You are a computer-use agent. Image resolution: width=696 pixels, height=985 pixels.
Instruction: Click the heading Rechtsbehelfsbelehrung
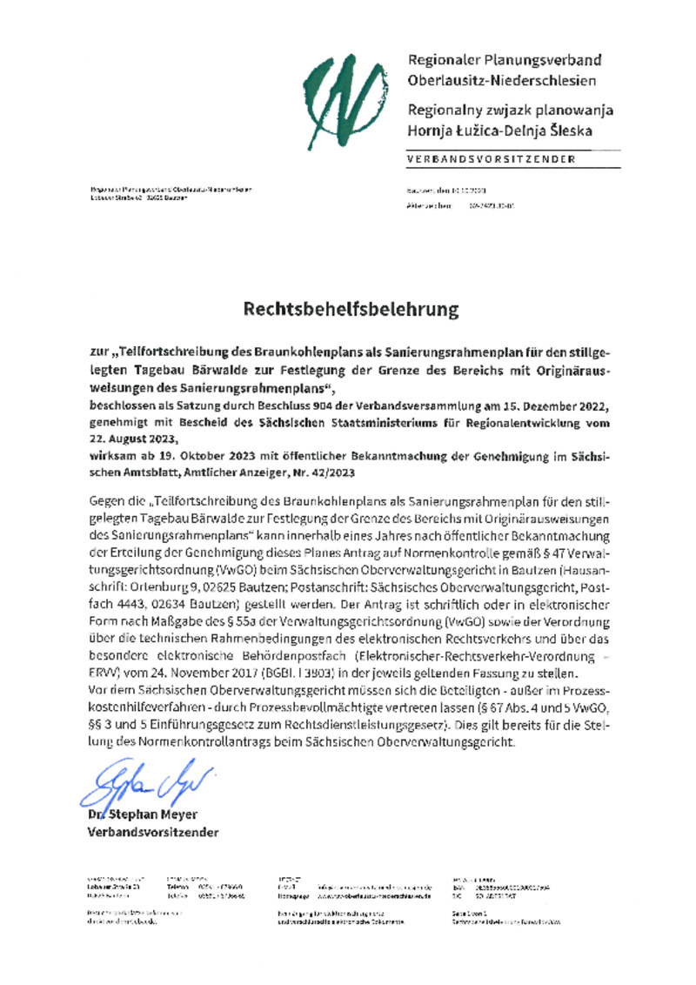[350, 309]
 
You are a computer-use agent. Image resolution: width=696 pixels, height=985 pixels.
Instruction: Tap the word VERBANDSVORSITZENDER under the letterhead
[491, 159]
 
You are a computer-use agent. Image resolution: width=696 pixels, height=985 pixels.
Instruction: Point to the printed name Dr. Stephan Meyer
[137, 814]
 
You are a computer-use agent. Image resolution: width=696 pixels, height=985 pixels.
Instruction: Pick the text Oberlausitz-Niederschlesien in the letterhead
[502, 81]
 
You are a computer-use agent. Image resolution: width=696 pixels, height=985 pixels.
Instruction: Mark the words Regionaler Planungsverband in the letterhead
[504, 61]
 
